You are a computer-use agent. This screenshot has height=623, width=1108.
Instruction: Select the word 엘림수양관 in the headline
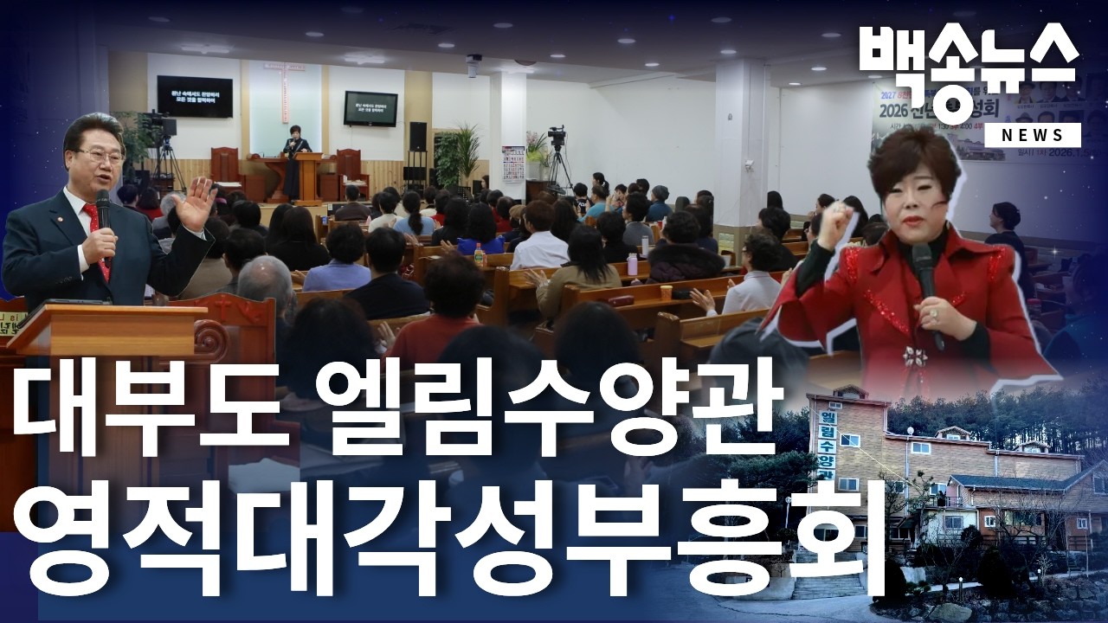point(545,405)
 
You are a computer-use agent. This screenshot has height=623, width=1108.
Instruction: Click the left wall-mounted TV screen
point(194,96)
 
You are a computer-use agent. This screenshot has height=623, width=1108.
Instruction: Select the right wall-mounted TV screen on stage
point(370,108)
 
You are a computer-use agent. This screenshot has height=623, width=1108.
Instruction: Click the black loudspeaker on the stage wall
point(417,137)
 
